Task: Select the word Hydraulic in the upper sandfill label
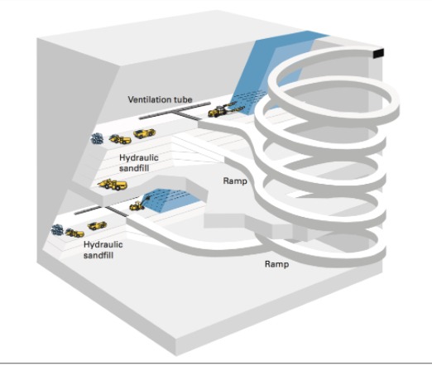point(139,158)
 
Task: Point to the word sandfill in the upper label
point(134,168)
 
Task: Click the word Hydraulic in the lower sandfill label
point(103,244)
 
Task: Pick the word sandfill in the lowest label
point(98,255)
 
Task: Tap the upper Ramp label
point(235,181)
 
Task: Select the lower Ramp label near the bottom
point(277,264)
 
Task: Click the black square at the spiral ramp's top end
point(378,53)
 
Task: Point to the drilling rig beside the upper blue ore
point(223,109)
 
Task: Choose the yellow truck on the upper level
point(144,133)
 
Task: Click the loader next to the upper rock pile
point(120,139)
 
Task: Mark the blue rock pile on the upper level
point(97,138)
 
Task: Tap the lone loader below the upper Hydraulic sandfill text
point(113,185)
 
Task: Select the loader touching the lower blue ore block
point(138,205)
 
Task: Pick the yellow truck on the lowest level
point(97,225)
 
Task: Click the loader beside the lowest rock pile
point(74,233)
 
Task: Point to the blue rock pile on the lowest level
point(57,230)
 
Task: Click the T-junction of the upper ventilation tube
point(175,112)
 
